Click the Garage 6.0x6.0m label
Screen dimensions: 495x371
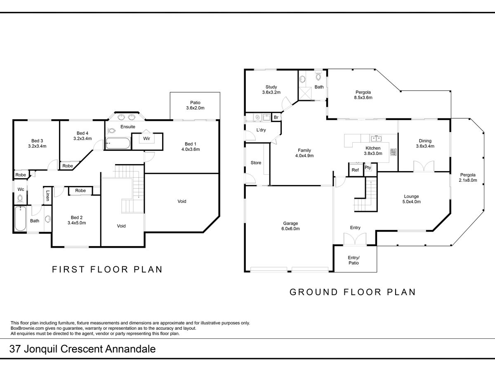pos(290,226)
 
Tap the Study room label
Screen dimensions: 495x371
pos(271,89)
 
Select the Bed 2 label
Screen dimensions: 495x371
pos(77,220)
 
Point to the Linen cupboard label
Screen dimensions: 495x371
pos(47,196)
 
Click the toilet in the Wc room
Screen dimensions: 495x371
pos(20,198)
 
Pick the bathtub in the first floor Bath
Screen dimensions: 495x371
pos(20,218)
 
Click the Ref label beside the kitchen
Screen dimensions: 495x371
pos(355,170)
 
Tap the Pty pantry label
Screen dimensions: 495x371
pos(368,168)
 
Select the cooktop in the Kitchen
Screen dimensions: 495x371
pos(393,152)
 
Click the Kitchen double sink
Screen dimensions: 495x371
pos(375,138)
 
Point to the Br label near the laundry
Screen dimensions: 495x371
pos(276,117)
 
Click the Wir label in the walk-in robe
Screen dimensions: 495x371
pos(146,139)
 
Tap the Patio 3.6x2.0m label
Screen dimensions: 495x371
pos(195,105)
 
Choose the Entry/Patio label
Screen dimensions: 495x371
pos(354,260)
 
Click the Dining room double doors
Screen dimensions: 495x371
pos(424,166)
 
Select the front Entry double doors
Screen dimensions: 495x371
pos(355,239)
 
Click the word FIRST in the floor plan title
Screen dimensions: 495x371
pos(68,270)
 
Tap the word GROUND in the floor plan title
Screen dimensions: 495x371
pos(314,292)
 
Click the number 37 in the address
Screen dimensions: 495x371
pos(15,349)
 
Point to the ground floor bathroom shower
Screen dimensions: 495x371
pos(305,94)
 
